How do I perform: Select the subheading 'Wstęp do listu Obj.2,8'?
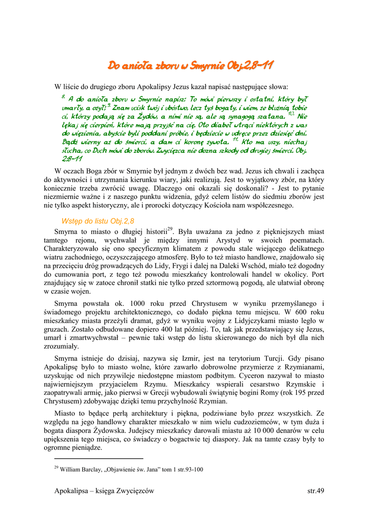98,221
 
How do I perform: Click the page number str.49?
316,490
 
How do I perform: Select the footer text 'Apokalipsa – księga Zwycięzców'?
104,490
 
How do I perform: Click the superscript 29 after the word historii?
170,228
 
